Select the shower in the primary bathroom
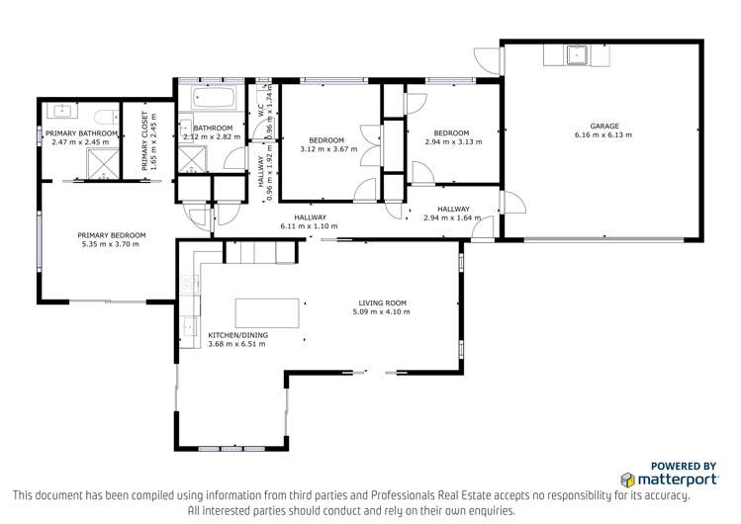click(100, 170)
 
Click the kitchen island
click(266, 312)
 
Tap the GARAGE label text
click(604, 126)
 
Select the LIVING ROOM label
click(381, 304)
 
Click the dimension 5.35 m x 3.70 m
click(112, 244)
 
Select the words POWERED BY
click(684, 465)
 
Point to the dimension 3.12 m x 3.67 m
click(325, 149)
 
